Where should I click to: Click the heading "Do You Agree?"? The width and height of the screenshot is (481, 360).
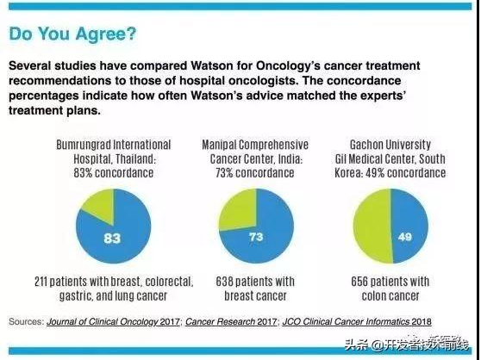(72, 34)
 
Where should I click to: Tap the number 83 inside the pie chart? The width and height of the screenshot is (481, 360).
(112, 238)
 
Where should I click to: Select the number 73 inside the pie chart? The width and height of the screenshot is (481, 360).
(256, 237)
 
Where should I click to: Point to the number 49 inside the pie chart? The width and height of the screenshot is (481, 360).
(404, 237)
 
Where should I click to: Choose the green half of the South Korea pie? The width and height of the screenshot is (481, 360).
(372, 227)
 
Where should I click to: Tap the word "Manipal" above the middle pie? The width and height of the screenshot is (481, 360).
(219, 146)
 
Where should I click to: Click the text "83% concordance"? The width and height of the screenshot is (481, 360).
(114, 173)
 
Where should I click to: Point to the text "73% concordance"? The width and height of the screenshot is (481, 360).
(255, 173)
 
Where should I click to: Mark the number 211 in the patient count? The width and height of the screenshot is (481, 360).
(41, 282)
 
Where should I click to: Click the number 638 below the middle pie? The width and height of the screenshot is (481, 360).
(224, 282)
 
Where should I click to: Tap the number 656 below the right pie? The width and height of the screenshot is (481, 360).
(359, 282)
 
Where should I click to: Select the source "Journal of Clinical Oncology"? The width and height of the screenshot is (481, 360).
(103, 322)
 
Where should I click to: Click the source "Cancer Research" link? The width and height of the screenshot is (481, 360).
(220, 322)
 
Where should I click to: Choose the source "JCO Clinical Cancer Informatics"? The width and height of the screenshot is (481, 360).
(346, 322)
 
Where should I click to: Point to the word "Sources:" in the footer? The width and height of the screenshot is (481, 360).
(27, 322)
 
